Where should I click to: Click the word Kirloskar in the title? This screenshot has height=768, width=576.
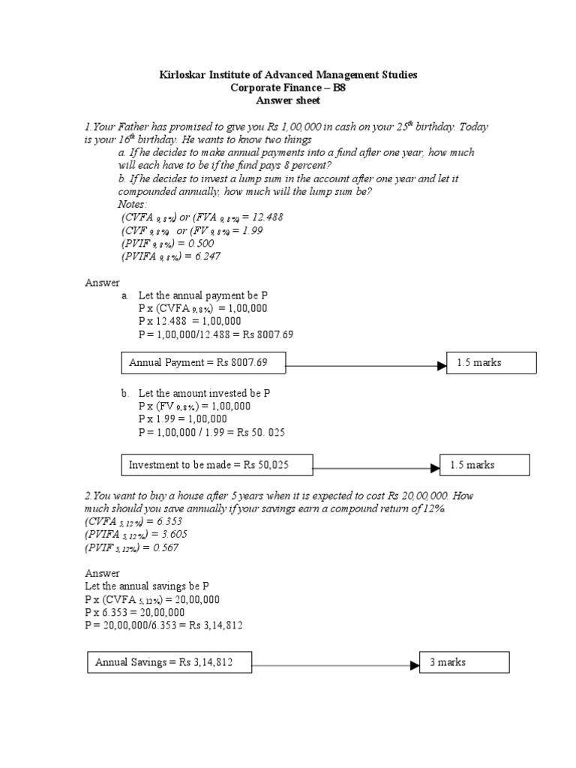click(x=183, y=75)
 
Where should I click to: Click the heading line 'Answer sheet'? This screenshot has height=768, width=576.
click(x=288, y=100)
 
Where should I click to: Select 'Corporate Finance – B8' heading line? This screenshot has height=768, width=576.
click(x=288, y=88)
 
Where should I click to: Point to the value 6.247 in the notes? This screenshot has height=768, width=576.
click(x=205, y=256)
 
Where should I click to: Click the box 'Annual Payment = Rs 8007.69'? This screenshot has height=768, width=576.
click(x=202, y=363)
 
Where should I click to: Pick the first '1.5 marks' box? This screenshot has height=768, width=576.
click(x=492, y=363)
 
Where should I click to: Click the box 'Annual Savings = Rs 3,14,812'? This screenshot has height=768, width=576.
click(x=169, y=662)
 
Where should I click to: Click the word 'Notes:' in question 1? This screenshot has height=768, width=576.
click(x=133, y=205)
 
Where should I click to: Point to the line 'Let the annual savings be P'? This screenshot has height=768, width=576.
click(x=142, y=586)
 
